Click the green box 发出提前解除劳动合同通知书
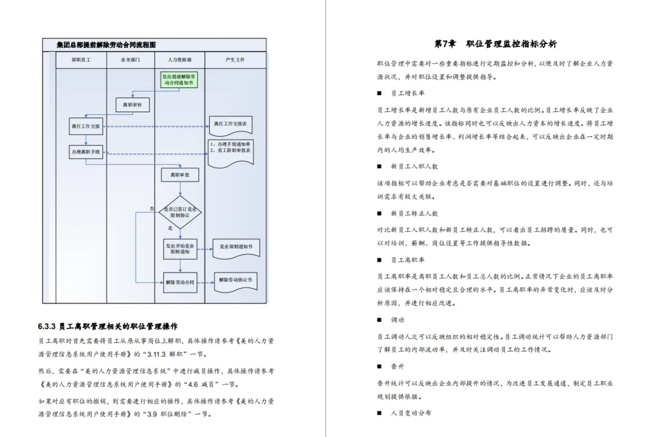pyautogui.click(x=180, y=80)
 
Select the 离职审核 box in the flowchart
pyautogui.click(x=132, y=105)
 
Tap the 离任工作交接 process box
pyautogui.click(x=86, y=126)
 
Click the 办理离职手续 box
pyautogui.click(x=86, y=152)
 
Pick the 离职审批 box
pyautogui.click(x=180, y=175)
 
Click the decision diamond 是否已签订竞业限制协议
pyautogui.click(x=180, y=212)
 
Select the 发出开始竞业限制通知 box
pyautogui.click(x=180, y=249)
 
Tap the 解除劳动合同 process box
pyautogui.click(x=180, y=281)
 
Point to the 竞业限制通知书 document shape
pyautogui.click(x=236, y=247)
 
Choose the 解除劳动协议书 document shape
pyautogui.click(x=236, y=280)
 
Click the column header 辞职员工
pyautogui.click(x=81, y=60)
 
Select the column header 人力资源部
pyautogui.click(x=180, y=60)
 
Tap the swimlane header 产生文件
pyautogui.click(x=235, y=60)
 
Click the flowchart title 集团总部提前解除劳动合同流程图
pyautogui.click(x=106, y=45)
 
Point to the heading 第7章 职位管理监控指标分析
pyautogui.click(x=495, y=44)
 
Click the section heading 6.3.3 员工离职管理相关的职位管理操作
pyautogui.click(x=107, y=327)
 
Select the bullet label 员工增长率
pyautogui.click(x=407, y=93)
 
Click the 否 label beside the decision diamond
pyautogui.click(x=153, y=209)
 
